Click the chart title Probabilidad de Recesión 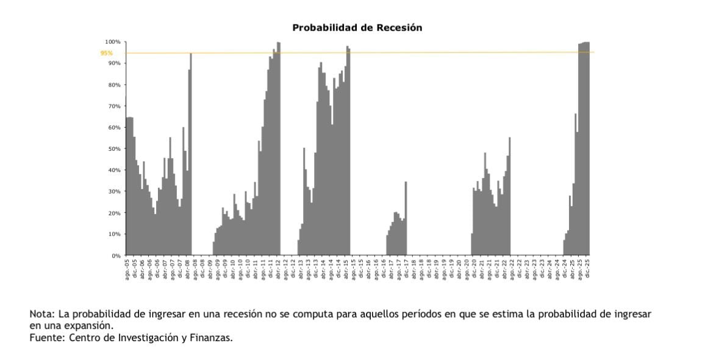point(357,27)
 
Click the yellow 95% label point(107,53)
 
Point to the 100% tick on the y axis point(114,41)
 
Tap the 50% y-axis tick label point(115,149)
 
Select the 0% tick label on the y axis point(116,256)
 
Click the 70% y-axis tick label point(115,106)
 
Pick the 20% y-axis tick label point(115,213)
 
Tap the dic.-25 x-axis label point(588,268)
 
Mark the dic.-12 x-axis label point(294,268)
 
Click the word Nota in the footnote point(40,314)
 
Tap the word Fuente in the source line point(45,337)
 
